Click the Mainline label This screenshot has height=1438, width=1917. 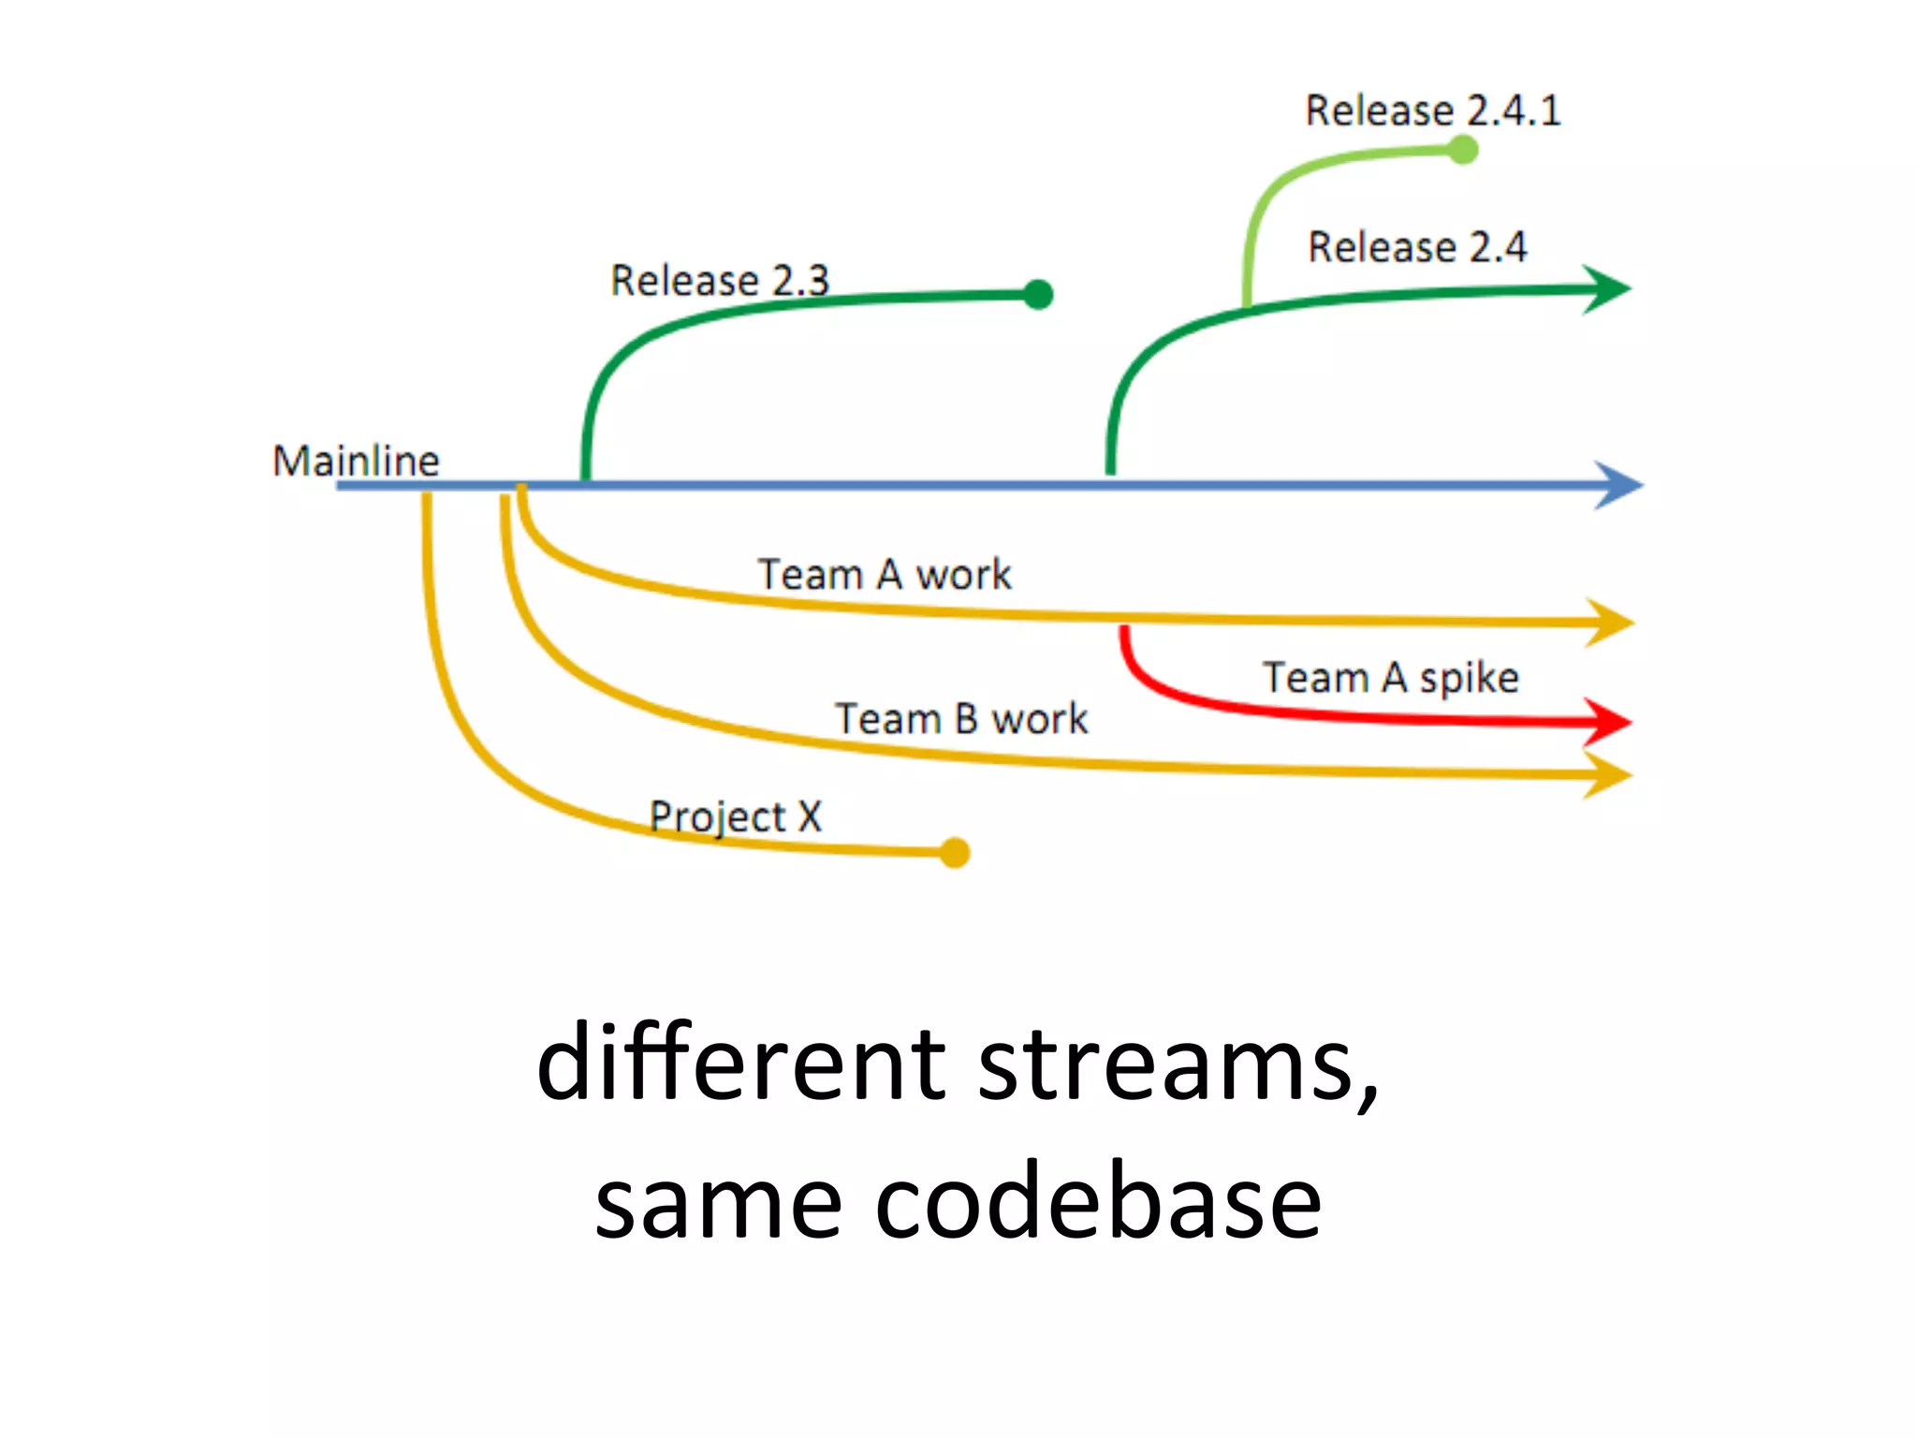coord(356,461)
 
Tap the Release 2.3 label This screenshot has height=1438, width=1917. coord(720,280)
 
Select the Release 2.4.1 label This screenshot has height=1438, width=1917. coord(1432,110)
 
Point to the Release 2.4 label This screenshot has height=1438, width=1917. coord(1417,247)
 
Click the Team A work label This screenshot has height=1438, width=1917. coord(885,574)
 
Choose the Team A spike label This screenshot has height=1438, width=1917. coord(1390,677)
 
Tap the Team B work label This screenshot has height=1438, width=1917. coord(961,719)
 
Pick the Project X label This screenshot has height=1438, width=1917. coord(736,816)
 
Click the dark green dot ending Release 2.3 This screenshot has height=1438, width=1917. coord(1038,294)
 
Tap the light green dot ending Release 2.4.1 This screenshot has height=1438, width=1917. coord(1462,150)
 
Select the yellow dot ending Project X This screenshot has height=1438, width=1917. coord(954,852)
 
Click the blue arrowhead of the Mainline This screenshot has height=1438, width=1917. coord(1618,485)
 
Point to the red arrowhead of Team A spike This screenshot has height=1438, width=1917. coord(1608,722)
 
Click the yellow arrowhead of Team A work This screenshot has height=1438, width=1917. coord(1610,623)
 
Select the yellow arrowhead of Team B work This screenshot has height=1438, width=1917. coord(1609,775)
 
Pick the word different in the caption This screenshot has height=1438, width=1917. coord(742,1063)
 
